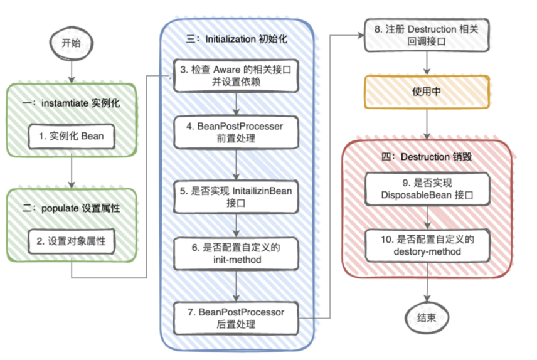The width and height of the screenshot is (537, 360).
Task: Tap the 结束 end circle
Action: click(x=427, y=318)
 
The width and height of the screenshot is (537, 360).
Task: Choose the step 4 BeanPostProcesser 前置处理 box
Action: click(x=235, y=132)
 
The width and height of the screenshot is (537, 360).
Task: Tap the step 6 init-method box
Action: click(x=235, y=253)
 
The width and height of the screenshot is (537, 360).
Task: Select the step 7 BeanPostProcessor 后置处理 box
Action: click(x=235, y=318)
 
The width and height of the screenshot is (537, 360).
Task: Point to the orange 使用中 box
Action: click(x=427, y=92)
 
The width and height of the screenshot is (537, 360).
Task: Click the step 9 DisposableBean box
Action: click(x=427, y=189)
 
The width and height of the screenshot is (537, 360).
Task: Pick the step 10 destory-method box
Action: click(x=427, y=245)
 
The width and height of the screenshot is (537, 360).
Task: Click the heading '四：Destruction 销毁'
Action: click(x=427, y=157)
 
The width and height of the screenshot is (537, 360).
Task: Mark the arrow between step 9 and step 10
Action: click(x=427, y=217)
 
